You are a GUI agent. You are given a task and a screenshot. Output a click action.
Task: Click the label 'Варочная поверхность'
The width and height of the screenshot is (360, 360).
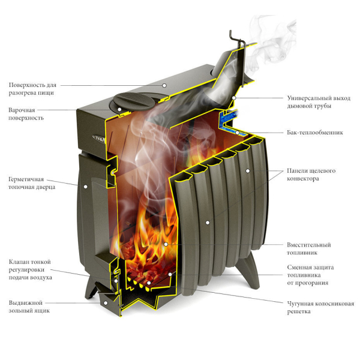click(26, 114)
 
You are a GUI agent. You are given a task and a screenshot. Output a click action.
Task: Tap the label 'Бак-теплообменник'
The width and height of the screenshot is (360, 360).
click(315, 133)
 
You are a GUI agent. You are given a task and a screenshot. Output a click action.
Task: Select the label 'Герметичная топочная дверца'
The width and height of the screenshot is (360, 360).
click(32, 183)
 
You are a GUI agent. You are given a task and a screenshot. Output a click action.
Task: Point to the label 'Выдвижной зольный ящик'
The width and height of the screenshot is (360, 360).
click(29, 307)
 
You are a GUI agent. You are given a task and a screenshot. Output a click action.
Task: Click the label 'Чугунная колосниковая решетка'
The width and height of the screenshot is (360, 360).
click(320, 308)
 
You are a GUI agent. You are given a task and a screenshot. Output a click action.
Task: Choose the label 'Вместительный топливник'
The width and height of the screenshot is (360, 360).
click(309, 248)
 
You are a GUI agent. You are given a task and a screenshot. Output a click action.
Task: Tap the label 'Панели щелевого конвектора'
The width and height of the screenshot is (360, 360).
click(311, 175)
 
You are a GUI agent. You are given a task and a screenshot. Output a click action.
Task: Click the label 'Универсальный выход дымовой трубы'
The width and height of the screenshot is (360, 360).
click(319, 102)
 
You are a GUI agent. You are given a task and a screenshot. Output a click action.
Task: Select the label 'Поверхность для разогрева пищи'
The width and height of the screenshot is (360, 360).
click(32, 89)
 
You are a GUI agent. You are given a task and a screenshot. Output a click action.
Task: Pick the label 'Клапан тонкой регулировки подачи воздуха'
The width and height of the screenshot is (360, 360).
click(31, 269)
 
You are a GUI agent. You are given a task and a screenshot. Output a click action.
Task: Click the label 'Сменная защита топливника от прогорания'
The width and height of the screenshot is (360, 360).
click(310, 275)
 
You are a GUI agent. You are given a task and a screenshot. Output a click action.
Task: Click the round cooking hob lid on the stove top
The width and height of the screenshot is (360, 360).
click(134, 101)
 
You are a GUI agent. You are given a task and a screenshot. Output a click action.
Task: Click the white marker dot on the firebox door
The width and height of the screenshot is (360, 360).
click(85, 187)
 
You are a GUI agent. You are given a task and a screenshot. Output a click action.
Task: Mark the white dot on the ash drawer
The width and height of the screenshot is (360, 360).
click(106, 303)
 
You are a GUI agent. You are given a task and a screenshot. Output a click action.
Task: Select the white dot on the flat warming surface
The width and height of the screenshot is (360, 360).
click(164, 85)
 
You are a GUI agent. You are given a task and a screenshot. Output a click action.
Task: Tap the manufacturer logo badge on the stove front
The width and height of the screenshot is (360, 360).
click(99, 138)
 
